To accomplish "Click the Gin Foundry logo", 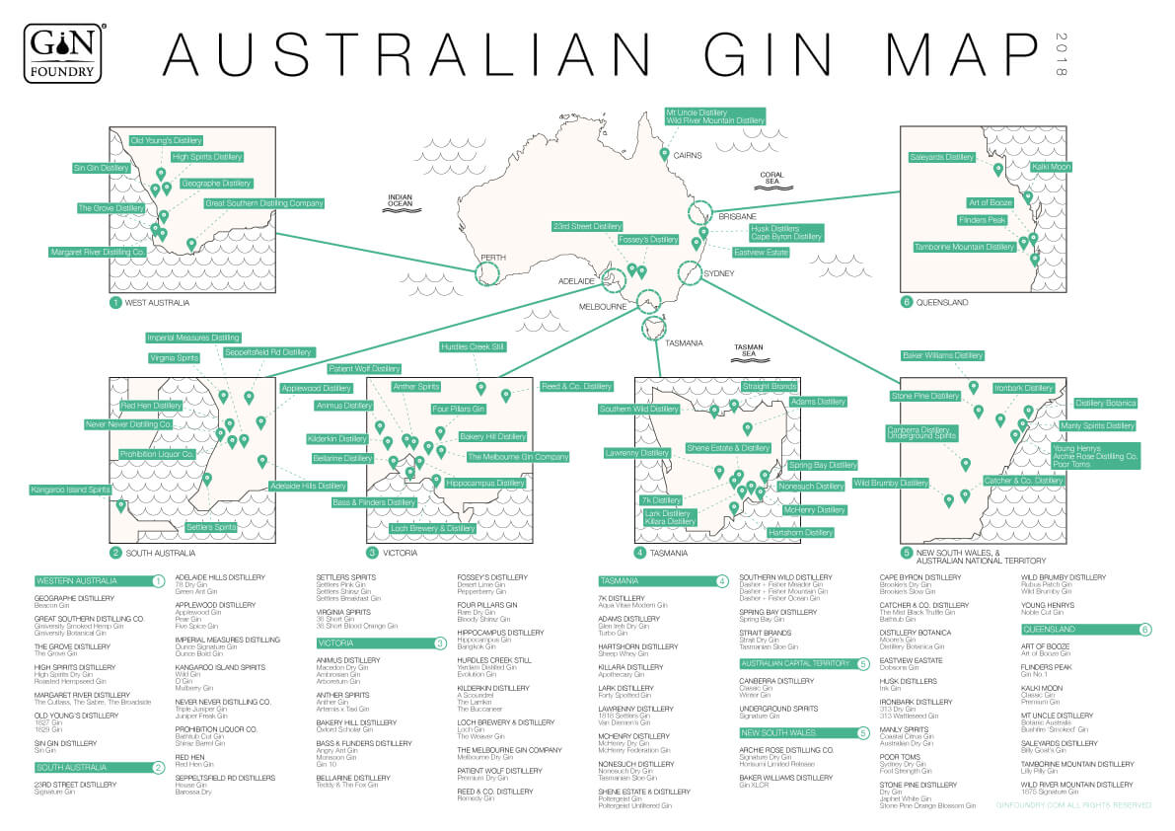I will click(64, 51).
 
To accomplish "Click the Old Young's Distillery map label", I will click(166, 141).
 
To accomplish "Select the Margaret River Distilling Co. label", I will click(98, 253).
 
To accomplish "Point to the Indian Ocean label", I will click(400, 201).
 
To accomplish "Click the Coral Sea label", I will click(771, 179).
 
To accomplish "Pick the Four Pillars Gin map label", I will click(458, 409).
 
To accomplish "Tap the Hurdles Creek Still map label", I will click(473, 347).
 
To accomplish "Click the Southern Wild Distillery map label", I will click(638, 409).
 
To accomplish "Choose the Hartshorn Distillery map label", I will click(800, 533).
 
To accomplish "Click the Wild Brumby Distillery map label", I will click(891, 484).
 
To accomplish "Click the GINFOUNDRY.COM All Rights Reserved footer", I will click(1072, 805).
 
